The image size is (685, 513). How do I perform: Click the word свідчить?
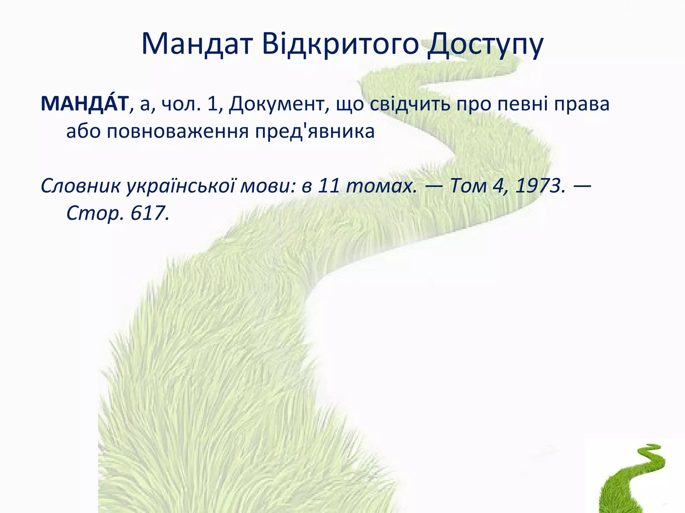[x=410, y=104]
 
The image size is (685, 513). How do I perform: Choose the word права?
[x=582, y=104]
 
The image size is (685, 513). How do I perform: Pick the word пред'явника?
[x=315, y=131]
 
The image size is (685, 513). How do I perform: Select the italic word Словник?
[x=80, y=185]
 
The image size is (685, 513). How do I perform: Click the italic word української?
[x=181, y=186]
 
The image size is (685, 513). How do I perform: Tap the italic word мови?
[x=268, y=186]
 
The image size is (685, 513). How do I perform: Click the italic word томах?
[x=382, y=185]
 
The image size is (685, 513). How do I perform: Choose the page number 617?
[x=150, y=213]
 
